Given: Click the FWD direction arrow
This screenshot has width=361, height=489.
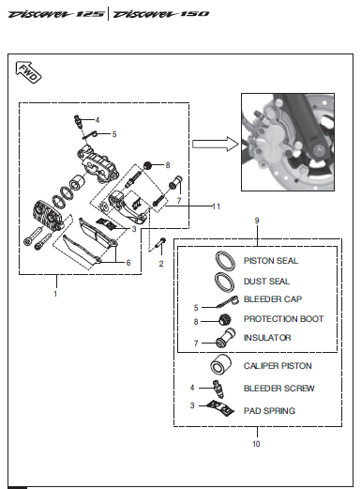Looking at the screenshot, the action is click(x=28, y=72).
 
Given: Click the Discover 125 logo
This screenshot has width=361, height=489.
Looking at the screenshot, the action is click(x=56, y=14).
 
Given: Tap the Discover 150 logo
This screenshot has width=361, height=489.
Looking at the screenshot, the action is click(x=160, y=14).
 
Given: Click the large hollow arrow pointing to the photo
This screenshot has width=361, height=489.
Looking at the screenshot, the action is click(x=216, y=144).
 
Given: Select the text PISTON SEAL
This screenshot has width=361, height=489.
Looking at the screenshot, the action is click(x=271, y=261).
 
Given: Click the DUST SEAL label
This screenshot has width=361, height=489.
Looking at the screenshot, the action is click(x=266, y=282).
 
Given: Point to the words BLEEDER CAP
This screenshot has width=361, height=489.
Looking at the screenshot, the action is click(x=273, y=299).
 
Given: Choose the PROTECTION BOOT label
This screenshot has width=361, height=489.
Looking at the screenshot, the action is click(x=283, y=319).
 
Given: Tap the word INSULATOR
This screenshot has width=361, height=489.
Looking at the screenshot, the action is click(x=267, y=338).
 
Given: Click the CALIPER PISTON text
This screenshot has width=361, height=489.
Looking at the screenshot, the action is click(x=278, y=366).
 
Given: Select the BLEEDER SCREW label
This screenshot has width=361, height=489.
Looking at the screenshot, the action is click(x=278, y=389).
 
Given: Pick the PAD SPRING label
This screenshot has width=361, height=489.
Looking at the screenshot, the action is click(x=269, y=410).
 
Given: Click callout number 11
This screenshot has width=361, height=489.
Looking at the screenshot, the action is click(x=217, y=206).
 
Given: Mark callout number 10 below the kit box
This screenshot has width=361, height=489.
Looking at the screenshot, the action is click(x=256, y=444).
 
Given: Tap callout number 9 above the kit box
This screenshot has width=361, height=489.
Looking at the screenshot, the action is click(x=257, y=221).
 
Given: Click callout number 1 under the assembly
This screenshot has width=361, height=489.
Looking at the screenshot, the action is click(x=55, y=294).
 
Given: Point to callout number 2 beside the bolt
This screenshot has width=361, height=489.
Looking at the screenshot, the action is click(x=161, y=264).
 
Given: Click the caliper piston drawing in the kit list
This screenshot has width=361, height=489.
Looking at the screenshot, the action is click(x=220, y=365).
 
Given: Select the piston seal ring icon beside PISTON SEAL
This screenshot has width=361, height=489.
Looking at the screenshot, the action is click(x=225, y=260).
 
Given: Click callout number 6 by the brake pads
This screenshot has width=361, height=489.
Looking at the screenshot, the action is click(x=128, y=263).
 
